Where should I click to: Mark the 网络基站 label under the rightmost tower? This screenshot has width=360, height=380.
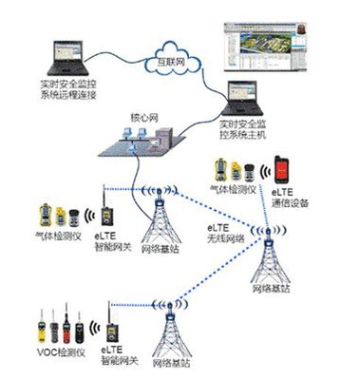tap(271, 288)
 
